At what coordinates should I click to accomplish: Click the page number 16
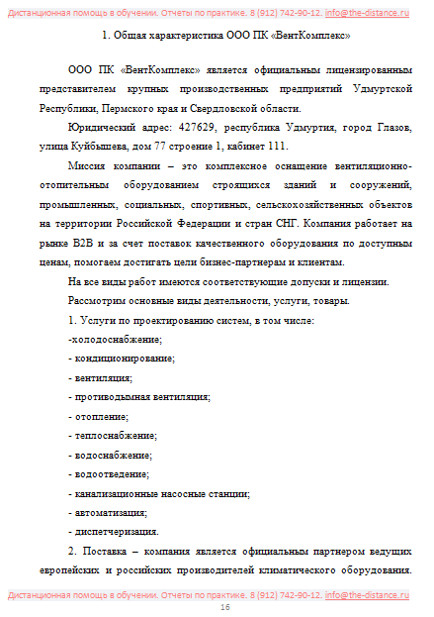pos(224,607)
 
